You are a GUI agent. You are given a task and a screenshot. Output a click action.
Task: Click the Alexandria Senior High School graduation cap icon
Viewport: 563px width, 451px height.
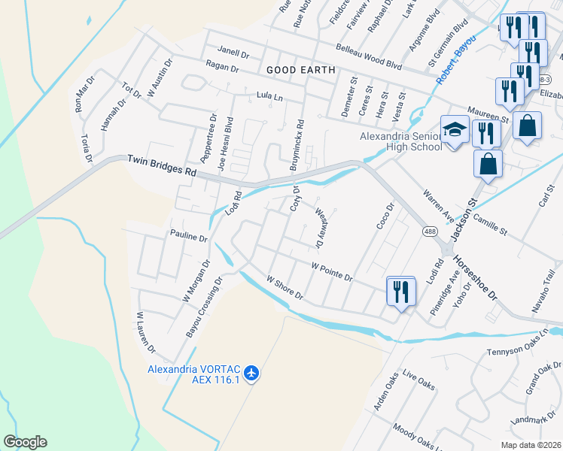coord(454,130)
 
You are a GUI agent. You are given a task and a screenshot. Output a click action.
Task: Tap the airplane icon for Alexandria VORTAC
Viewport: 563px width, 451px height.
coord(251,373)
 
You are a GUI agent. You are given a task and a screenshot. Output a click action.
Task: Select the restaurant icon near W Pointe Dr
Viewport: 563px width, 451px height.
coord(400,290)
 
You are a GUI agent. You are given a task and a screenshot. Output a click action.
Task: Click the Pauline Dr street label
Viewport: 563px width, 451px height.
coord(188,237)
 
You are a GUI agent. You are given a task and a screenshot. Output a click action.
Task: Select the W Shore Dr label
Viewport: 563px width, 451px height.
coord(285,289)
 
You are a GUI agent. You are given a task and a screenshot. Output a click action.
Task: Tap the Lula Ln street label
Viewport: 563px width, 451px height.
coord(269,97)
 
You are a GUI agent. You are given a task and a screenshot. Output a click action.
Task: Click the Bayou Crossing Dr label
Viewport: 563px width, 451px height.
coord(204,307)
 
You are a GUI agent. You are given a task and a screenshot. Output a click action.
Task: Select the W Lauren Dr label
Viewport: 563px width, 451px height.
coord(145,333)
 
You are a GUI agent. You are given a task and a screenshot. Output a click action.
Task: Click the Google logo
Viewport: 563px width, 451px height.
coord(25,442)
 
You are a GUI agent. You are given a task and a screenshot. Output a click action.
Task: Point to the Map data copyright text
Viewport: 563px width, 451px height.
coord(530,445)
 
